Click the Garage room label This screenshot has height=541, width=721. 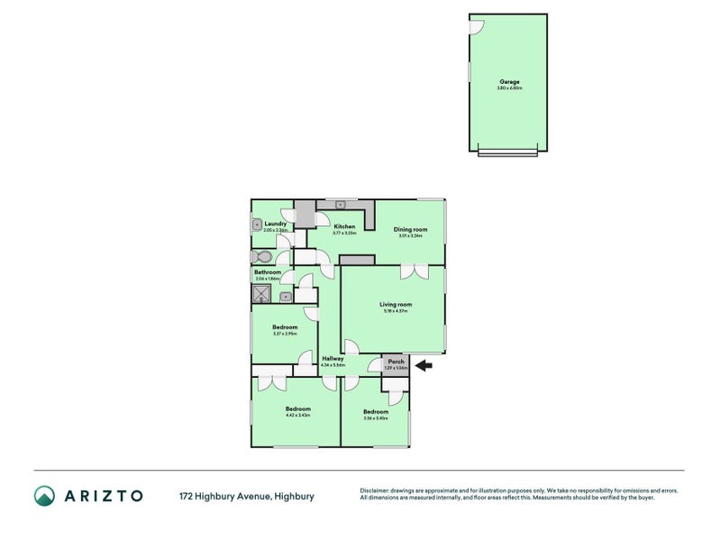[x=508, y=82]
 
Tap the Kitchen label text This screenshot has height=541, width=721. [x=344, y=226]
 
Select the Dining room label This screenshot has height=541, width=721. [x=410, y=229]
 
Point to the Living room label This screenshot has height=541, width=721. [x=396, y=305]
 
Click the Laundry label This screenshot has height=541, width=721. [x=276, y=224]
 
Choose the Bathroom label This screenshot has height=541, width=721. [x=268, y=272]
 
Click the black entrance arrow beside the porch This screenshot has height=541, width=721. [x=424, y=365]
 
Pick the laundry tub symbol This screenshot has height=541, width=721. [x=257, y=225]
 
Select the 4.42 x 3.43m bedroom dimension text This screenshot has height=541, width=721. [x=297, y=415]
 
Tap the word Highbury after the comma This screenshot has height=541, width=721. [x=295, y=496]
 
